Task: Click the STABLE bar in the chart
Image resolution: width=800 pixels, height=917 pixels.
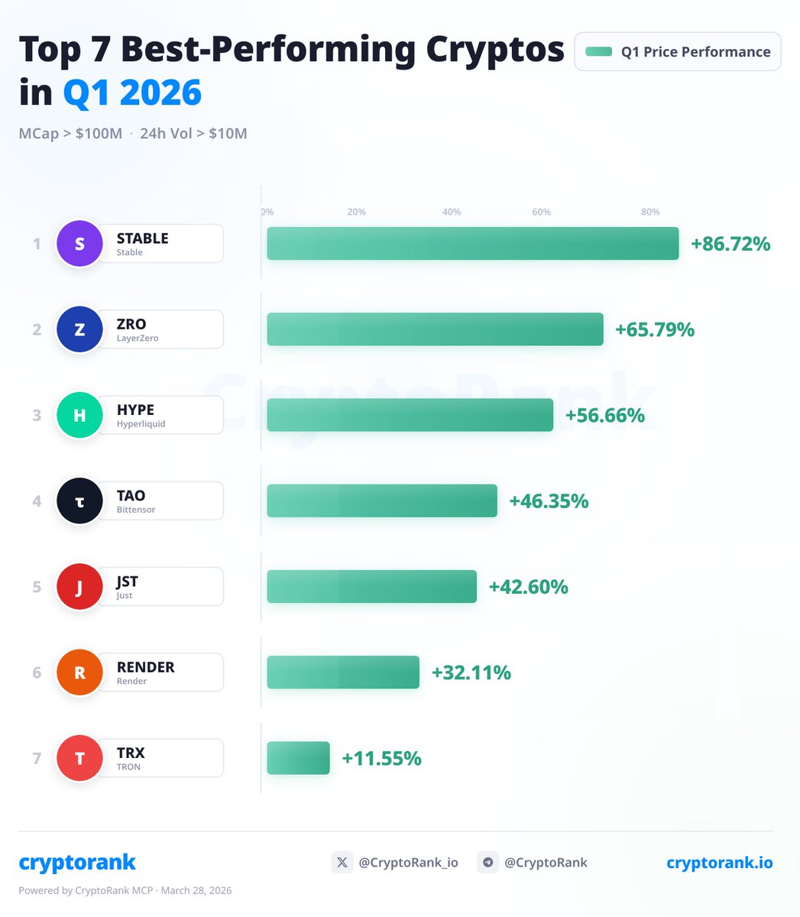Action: [x=472, y=244]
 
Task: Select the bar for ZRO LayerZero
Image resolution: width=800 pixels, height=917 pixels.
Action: [x=435, y=329]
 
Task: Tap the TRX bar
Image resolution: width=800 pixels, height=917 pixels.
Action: [x=298, y=758]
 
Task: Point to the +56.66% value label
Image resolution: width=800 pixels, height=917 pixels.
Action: [x=604, y=416]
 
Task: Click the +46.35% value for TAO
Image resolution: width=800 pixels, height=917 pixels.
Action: [x=549, y=501]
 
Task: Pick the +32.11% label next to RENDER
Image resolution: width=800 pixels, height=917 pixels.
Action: [x=471, y=672]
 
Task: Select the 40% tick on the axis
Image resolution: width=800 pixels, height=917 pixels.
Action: [x=452, y=212]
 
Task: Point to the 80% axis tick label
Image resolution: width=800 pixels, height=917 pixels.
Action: [x=650, y=212]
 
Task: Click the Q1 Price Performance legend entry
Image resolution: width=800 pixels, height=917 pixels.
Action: [x=677, y=52]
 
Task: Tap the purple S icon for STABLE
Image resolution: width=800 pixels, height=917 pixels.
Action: [x=79, y=244]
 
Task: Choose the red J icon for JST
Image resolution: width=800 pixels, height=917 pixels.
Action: [x=79, y=587]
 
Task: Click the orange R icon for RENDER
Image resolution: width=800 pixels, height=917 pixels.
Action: [x=79, y=672]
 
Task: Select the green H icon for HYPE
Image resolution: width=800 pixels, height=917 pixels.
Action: [x=79, y=416]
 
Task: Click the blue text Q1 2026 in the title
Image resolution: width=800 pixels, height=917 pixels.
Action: [x=132, y=92]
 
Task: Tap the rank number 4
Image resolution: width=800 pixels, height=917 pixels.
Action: [x=37, y=501]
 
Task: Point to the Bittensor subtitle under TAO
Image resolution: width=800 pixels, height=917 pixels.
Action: [x=136, y=510]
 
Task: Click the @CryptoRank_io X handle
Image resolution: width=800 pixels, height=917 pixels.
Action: [x=408, y=863]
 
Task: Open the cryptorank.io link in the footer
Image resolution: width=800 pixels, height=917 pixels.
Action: [x=719, y=863]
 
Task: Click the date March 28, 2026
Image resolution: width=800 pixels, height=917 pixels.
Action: [x=196, y=890]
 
